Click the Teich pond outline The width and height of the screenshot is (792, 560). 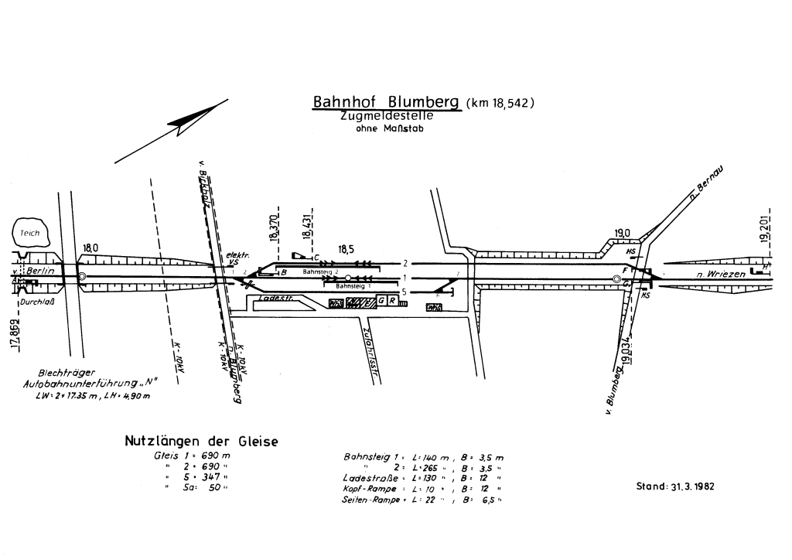point(31,232)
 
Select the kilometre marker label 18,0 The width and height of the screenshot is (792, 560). point(90,248)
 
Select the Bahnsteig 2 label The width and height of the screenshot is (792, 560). point(321,272)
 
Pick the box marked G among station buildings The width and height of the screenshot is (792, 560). point(382,301)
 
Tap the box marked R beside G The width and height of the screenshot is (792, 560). point(393,301)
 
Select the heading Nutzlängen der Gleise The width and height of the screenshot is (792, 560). point(201,442)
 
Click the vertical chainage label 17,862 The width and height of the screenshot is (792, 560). point(15,333)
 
